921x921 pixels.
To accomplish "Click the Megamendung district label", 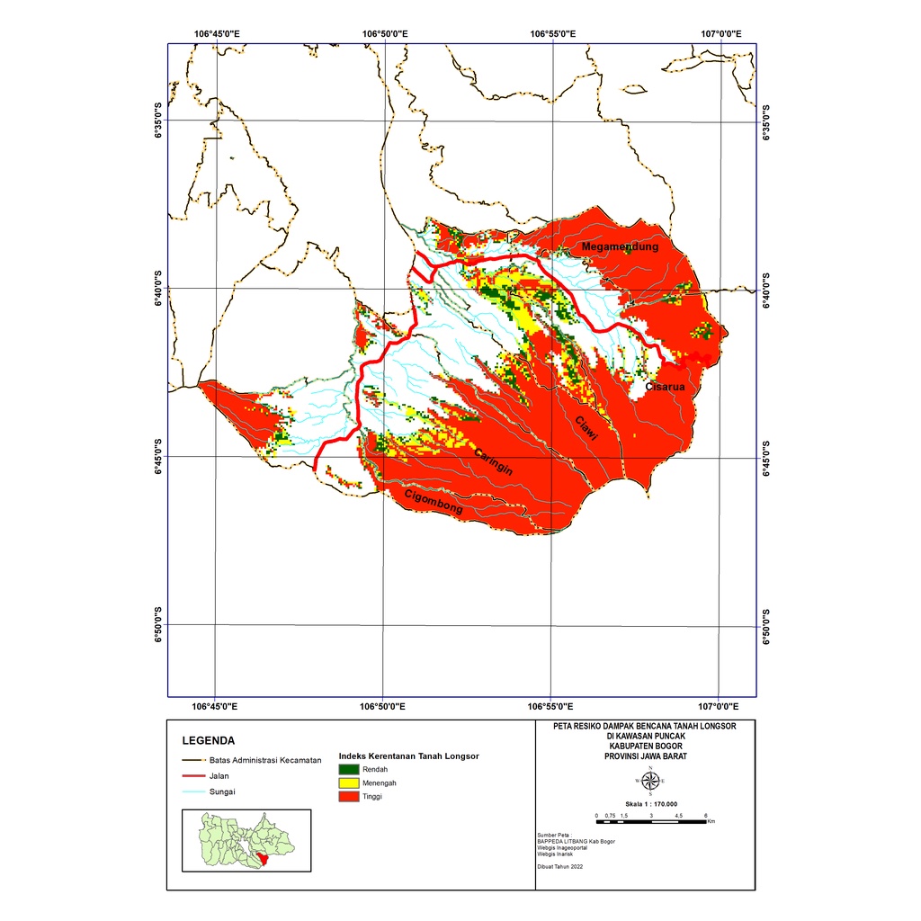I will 620,246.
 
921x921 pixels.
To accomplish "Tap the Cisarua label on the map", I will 665,387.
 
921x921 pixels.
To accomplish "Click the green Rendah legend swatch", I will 348,770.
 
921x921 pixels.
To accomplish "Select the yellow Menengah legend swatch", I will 348,783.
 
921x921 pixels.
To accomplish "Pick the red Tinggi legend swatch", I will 348,797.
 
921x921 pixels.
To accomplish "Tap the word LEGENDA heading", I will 208,742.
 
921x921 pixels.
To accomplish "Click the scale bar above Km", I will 652,821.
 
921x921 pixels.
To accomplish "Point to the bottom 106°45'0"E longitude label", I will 215,706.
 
